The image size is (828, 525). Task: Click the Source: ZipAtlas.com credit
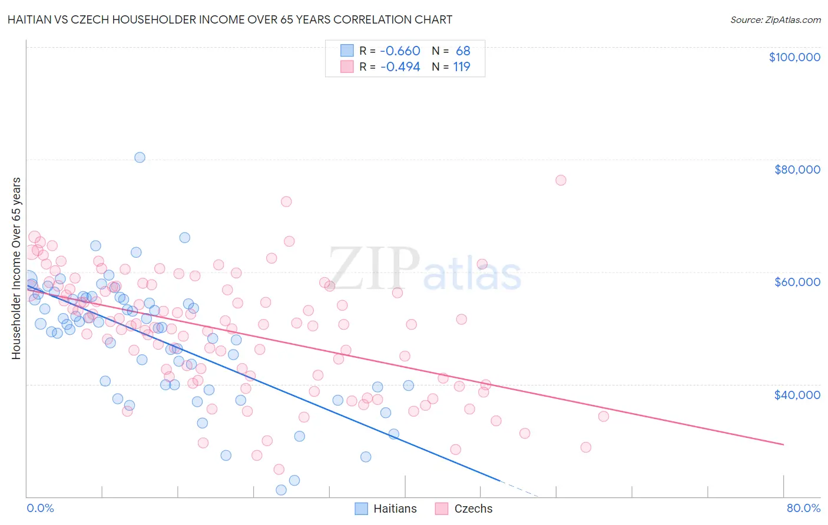tap(775, 19)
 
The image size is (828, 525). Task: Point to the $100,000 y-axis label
tap(794, 57)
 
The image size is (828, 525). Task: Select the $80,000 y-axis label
tap(797, 170)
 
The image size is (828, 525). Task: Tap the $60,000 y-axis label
tap(797, 282)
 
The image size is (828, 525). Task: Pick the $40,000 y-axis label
tap(797, 394)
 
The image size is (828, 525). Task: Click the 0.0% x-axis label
tap(40, 508)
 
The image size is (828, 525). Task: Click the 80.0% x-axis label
tap(803, 508)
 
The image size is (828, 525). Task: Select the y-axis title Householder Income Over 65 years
tap(16, 268)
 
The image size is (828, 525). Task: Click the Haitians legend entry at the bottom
tap(386, 509)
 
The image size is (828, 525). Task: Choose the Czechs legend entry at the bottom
tap(464, 509)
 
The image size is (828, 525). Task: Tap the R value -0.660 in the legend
tap(400, 51)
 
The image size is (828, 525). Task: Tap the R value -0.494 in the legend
tap(400, 67)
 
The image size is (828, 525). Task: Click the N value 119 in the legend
tap(462, 67)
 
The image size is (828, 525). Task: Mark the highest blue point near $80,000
tap(140, 157)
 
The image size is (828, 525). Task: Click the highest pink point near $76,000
tap(561, 180)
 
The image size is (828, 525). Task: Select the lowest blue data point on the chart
tap(281, 490)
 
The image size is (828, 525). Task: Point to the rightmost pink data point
tap(604, 416)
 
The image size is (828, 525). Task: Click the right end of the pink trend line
tap(783, 444)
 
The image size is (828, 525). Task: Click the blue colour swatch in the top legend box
tap(347, 51)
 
